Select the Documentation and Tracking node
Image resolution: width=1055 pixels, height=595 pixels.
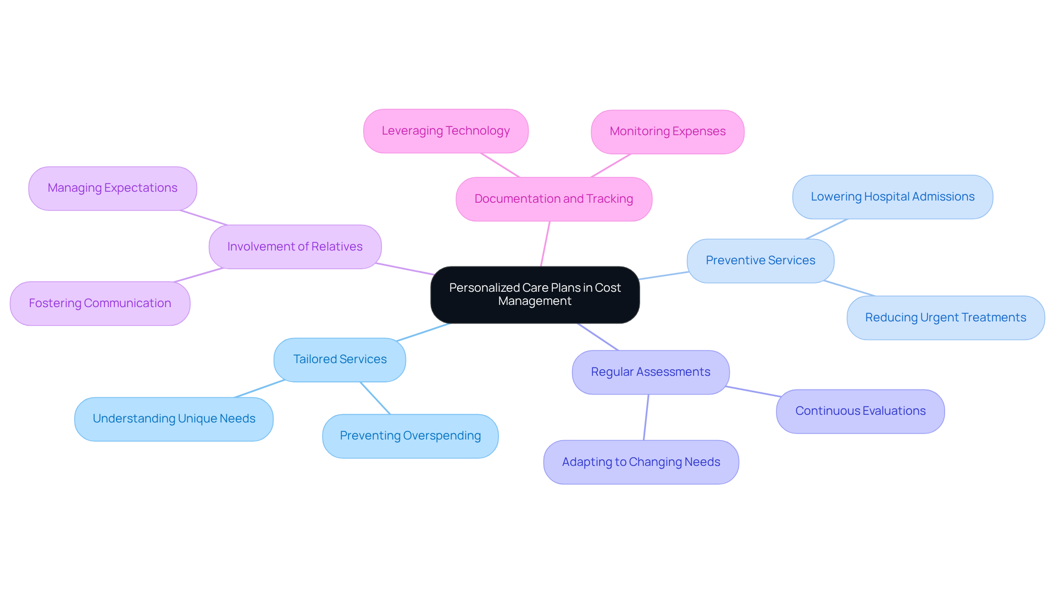[x=553, y=199]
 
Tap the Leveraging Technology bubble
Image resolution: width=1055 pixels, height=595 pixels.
[x=446, y=131]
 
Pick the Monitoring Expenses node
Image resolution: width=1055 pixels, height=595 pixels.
[x=667, y=131]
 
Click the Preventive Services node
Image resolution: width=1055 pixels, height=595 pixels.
[x=760, y=260]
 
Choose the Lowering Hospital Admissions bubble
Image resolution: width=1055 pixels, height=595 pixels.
[x=892, y=197]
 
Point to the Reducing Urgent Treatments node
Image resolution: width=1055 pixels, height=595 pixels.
[x=945, y=318]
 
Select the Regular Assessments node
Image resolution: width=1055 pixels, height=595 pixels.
[x=650, y=372]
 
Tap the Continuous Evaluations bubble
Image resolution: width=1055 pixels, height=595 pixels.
[x=860, y=411]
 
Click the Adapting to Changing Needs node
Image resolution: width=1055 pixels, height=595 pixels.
[x=641, y=462]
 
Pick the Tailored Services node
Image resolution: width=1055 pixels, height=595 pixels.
[x=340, y=359]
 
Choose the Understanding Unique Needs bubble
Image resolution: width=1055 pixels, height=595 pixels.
[x=174, y=419]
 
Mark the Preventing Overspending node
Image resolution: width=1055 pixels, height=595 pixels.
[x=410, y=436]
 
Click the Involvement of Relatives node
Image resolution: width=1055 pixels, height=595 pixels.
[x=295, y=247]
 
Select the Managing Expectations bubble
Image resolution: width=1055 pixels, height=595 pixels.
[x=112, y=188]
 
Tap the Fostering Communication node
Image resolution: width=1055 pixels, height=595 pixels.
[x=99, y=303]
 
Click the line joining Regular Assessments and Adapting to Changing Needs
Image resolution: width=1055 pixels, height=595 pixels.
[x=646, y=417]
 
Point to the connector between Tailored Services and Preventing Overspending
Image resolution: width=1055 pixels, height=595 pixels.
[x=375, y=398]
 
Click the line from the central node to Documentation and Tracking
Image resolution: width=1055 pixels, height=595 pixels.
[x=545, y=244]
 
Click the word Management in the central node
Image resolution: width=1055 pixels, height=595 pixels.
[x=535, y=302]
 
